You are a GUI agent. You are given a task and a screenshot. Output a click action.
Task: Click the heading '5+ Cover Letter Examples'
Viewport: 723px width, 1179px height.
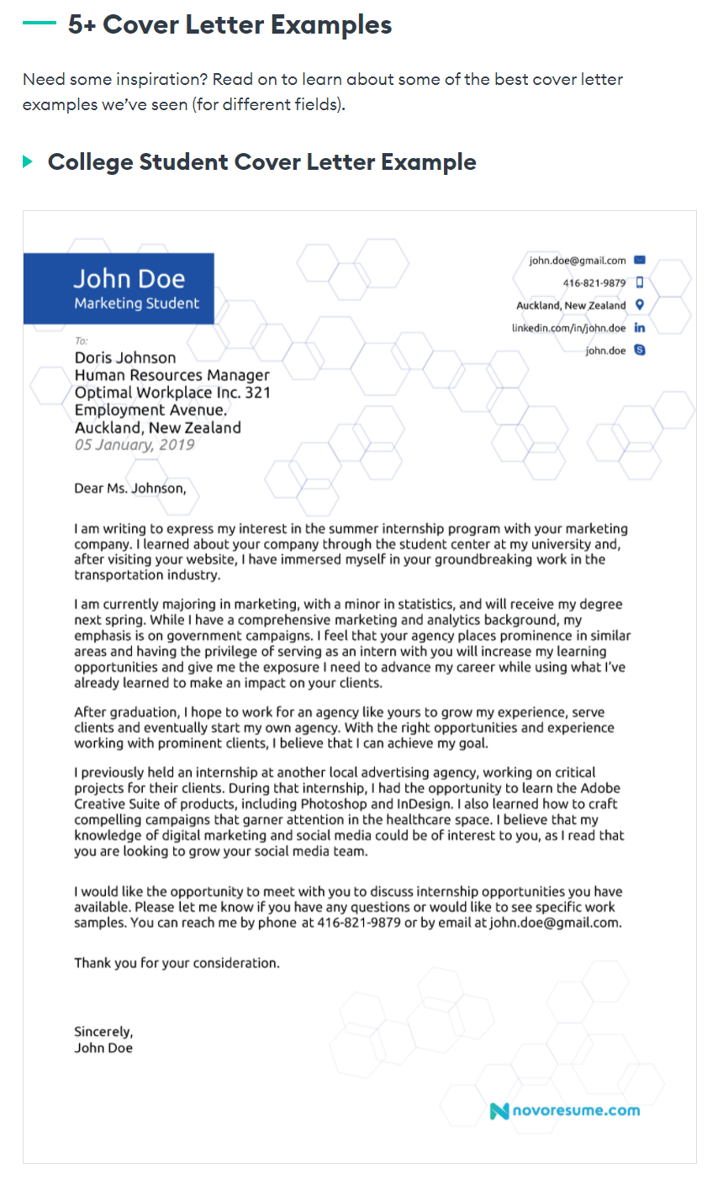click(x=230, y=25)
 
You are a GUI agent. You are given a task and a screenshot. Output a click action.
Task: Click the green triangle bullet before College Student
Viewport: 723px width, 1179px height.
click(x=28, y=161)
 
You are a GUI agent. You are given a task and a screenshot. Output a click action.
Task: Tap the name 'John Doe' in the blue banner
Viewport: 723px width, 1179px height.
click(x=129, y=278)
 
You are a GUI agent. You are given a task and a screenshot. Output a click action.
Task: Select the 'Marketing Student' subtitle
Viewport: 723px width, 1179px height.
click(x=136, y=304)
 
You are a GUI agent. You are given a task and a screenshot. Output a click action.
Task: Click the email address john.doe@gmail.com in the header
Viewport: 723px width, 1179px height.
click(x=577, y=261)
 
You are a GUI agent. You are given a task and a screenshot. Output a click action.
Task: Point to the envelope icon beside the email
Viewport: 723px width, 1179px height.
click(x=640, y=261)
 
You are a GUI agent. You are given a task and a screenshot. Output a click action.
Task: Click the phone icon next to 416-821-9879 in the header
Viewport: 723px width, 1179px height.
click(x=640, y=283)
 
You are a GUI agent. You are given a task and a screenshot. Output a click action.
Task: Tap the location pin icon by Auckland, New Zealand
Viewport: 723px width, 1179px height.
click(x=640, y=305)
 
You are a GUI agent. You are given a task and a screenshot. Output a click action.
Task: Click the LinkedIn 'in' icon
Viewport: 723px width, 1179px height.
click(x=640, y=328)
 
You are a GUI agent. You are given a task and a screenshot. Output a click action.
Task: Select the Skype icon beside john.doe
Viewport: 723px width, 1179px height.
click(x=640, y=350)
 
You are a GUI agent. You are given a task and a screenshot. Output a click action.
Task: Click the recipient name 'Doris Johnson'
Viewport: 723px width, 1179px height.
click(x=125, y=357)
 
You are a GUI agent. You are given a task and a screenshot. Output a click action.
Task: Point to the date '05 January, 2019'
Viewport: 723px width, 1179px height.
click(x=135, y=445)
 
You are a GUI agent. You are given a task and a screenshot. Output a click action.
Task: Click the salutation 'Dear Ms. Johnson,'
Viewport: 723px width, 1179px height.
click(x=130, y=489)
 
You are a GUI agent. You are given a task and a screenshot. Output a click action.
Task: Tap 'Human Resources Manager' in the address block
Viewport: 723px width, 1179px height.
click(x=172, y=375)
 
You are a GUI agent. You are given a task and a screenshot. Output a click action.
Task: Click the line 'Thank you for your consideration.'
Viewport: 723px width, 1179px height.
click(x=177, y=963)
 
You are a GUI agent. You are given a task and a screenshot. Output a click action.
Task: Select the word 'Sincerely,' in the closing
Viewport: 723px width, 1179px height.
click(x=103, y=1032)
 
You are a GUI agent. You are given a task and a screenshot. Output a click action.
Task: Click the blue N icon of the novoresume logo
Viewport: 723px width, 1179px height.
click(x=499, y=1111)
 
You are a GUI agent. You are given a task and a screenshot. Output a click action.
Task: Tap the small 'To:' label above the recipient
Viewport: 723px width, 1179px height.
click(x=81, y=341)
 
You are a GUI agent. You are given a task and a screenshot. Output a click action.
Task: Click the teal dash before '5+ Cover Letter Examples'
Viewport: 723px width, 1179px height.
click(x=40, y=24)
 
